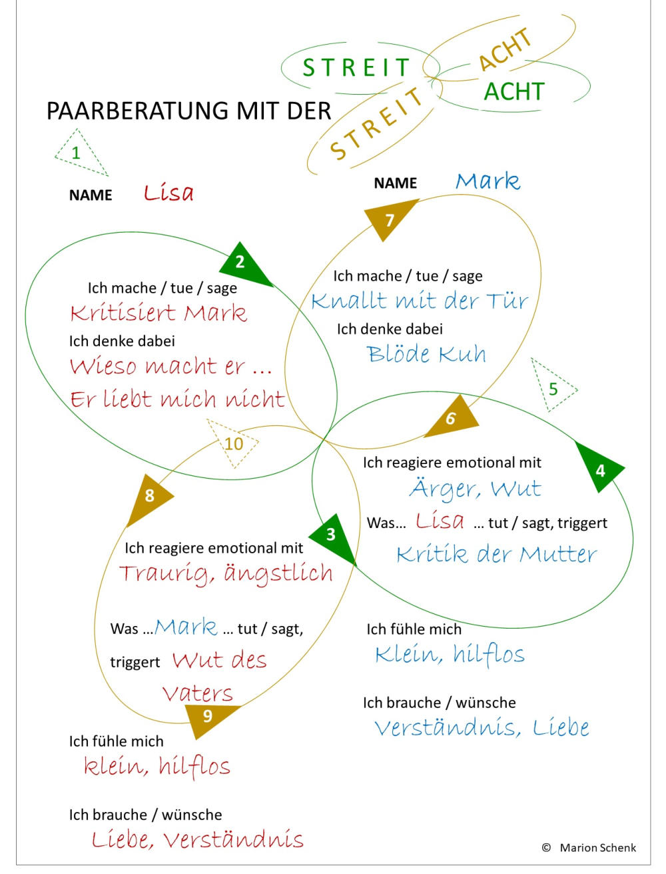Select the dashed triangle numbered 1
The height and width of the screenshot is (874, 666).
[x=79, y=153]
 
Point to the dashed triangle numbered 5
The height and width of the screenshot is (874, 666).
[x=552, y=387]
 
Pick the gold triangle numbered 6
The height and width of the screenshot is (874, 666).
[x=453, y=418]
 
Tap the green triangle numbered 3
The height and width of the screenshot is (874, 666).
[x=334, y=535]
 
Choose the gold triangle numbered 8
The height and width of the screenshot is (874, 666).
[x=151, y=496]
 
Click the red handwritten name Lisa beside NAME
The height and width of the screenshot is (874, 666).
[x=168, y=193]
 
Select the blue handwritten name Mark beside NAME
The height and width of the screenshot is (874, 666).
[x=488, y=181]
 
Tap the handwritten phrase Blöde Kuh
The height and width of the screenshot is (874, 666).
[x=426, y=353]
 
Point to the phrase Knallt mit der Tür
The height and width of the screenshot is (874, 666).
[x=419, y=301]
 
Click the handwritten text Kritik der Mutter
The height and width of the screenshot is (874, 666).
[x=496, y=554]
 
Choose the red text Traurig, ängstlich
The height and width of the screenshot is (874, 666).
[x=225, y=573]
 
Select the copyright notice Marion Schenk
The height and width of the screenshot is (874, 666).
[x=597, y=848]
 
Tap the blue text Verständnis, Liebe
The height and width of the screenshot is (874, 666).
[x=482, y=727]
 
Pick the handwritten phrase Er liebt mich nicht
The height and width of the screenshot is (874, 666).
[x=177, y=399]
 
